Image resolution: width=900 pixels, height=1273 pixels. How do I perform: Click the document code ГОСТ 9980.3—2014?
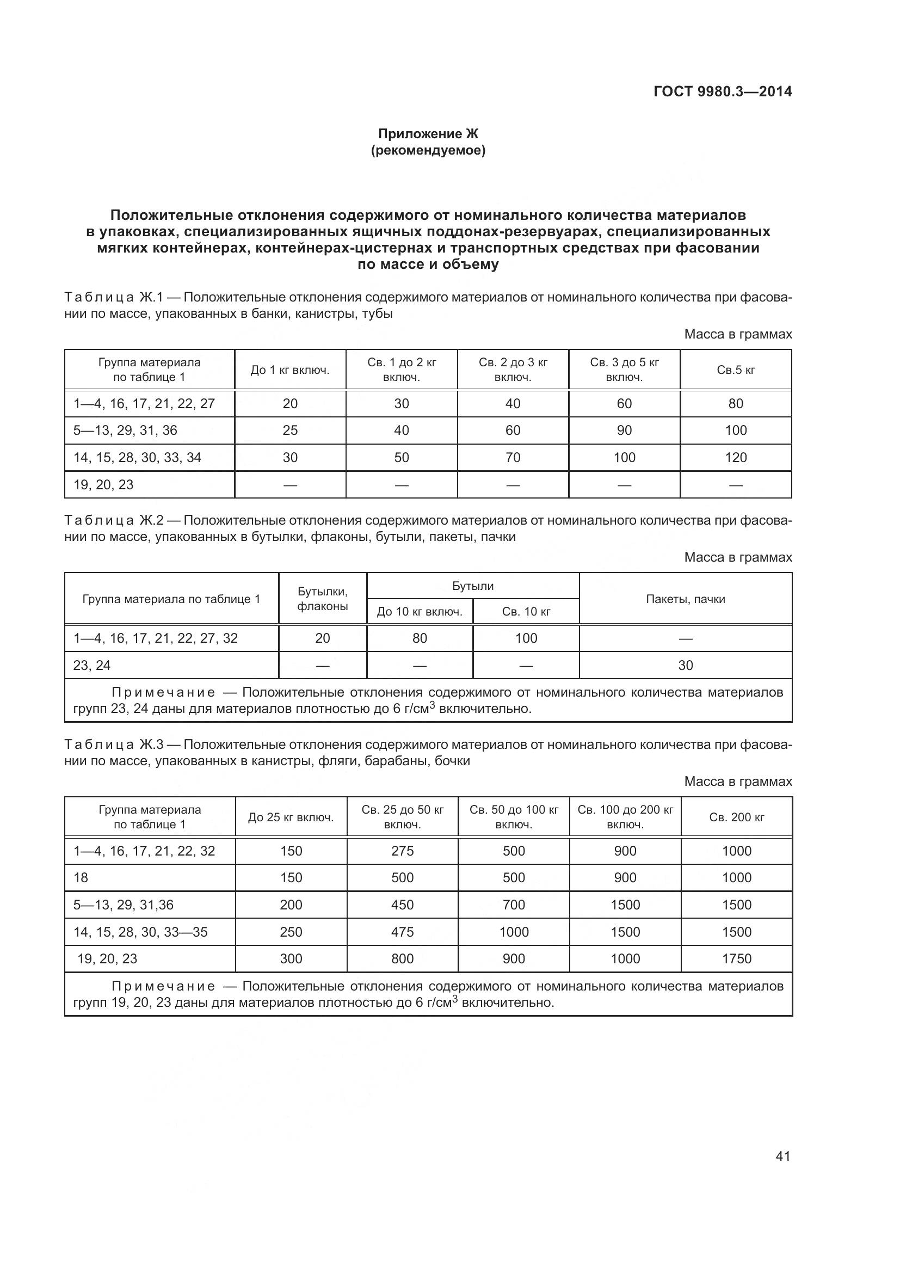(723, 91)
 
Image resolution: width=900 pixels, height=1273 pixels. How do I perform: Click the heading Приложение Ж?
(428, 134)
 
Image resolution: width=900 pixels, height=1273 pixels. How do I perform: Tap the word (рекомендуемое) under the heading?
(428, 150)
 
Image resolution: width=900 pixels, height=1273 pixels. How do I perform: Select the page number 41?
(782, 1156)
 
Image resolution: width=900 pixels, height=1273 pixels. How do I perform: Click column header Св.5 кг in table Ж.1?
(736, 370)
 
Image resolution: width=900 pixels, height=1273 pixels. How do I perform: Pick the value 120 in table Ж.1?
(736, 457)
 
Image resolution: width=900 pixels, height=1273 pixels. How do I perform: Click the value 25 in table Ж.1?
(290, 431)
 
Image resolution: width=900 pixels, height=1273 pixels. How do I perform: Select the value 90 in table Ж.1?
(624, 431)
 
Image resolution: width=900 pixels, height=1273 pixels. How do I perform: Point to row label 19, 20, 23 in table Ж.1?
(103, 484)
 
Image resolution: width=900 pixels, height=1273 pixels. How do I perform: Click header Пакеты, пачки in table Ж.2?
(685, 599)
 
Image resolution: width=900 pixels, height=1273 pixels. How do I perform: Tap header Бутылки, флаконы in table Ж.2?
(323, 599)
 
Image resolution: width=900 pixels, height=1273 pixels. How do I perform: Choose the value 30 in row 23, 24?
(685, 665)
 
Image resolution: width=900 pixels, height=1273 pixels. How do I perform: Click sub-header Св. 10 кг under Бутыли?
(526, 612)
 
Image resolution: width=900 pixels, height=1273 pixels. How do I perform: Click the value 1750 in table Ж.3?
(736, 958)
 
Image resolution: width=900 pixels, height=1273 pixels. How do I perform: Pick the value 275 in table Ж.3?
(402, 851)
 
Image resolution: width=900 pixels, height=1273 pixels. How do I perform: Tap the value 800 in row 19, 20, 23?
(402, 958)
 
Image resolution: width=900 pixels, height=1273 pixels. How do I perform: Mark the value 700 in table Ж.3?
(514, 905)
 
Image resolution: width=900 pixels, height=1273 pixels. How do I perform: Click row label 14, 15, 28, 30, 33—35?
(141, 932)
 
